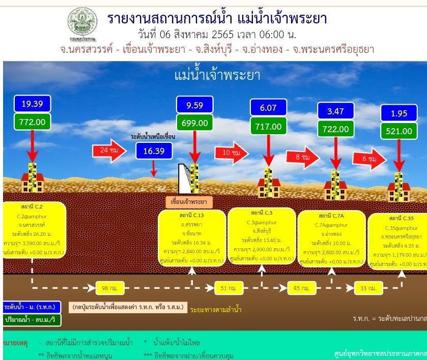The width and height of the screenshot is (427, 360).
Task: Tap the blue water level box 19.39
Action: coord(32,104)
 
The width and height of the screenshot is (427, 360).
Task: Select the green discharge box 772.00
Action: coord(32,122)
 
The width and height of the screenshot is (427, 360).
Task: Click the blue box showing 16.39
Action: coord(154,151)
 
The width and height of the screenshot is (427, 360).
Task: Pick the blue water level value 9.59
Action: coord(194,105)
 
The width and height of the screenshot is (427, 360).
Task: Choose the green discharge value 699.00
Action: coord(194,123)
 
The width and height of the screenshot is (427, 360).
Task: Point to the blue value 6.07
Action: coord(268,108)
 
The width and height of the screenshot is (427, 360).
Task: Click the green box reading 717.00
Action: coord(268,126)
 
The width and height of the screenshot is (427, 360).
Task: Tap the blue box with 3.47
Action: coord(335,111)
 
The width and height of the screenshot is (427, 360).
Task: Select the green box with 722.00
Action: coord(335,129)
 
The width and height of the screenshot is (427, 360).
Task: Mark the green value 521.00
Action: coord(398,131)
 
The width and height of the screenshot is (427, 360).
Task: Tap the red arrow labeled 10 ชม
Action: coord(231,153)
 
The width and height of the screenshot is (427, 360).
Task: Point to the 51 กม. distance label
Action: coord(224,288)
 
